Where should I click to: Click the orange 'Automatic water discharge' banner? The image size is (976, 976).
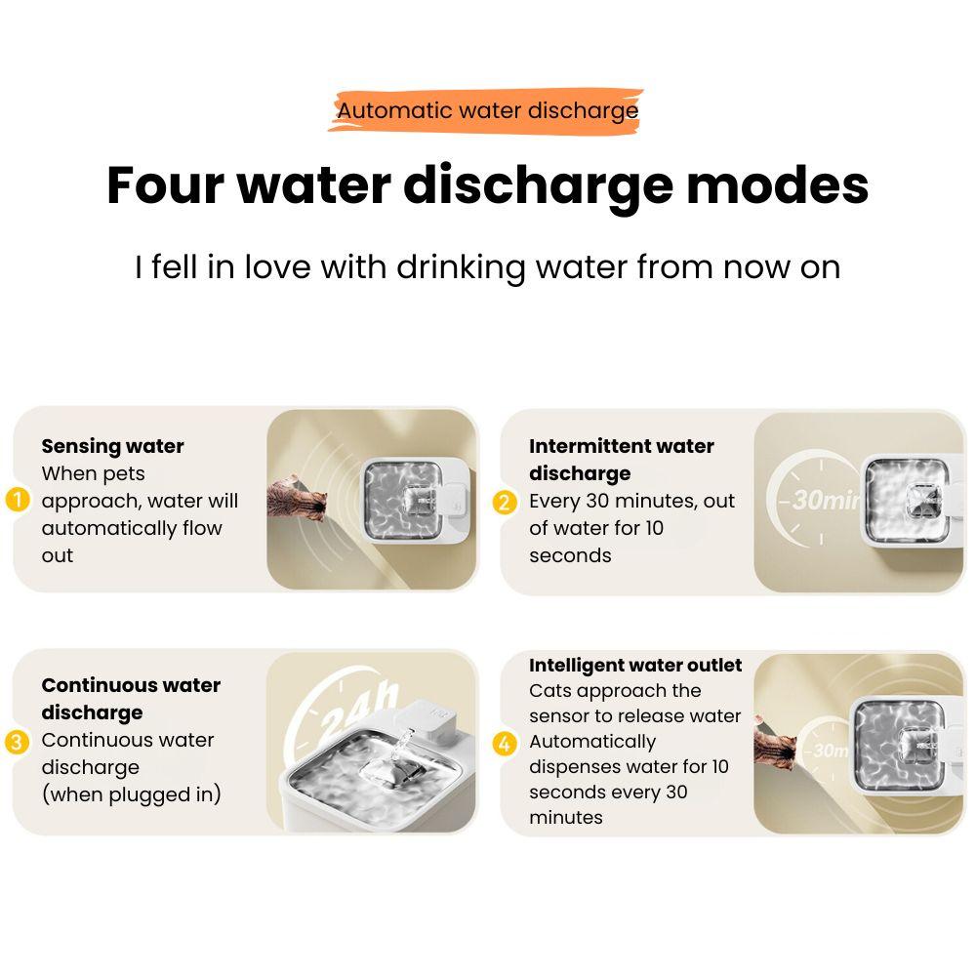click(x=485, y=110)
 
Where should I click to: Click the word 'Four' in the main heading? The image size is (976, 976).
click(x=165, y=184)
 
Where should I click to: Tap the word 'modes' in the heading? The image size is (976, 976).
click(x=778, y=184)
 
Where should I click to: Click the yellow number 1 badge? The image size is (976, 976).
click(x=18, y=500)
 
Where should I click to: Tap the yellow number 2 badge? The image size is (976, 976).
click(x=505, y=502)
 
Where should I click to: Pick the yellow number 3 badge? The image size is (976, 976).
click(x=17, y=742)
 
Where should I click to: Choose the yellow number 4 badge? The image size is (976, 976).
click(x=505, y=743)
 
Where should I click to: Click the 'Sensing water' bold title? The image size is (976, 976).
click(x=112, y=446)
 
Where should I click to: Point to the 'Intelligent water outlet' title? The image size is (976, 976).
click(x=635, y=665)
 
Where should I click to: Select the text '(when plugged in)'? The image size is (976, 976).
click(x=132, y=794)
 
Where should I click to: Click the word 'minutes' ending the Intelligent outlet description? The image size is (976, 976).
click(x=566, y=817)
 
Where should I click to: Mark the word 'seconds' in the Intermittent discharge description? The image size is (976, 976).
click(x=570, y=556)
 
